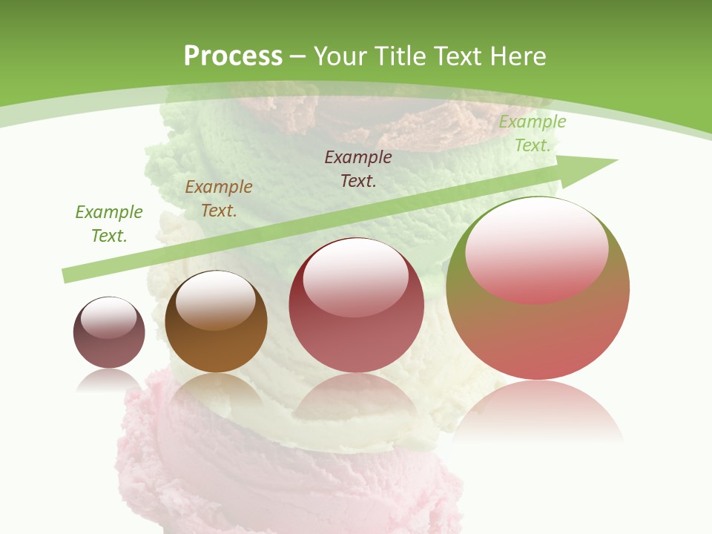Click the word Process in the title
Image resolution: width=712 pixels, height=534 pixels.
(233, 56)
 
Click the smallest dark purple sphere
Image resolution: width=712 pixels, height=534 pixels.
(109, 343)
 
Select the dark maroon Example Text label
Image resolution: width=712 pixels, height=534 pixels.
(358, 168)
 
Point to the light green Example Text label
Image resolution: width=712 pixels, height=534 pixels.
(532, 133)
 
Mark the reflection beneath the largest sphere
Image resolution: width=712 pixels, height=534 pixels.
(538, 412)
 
